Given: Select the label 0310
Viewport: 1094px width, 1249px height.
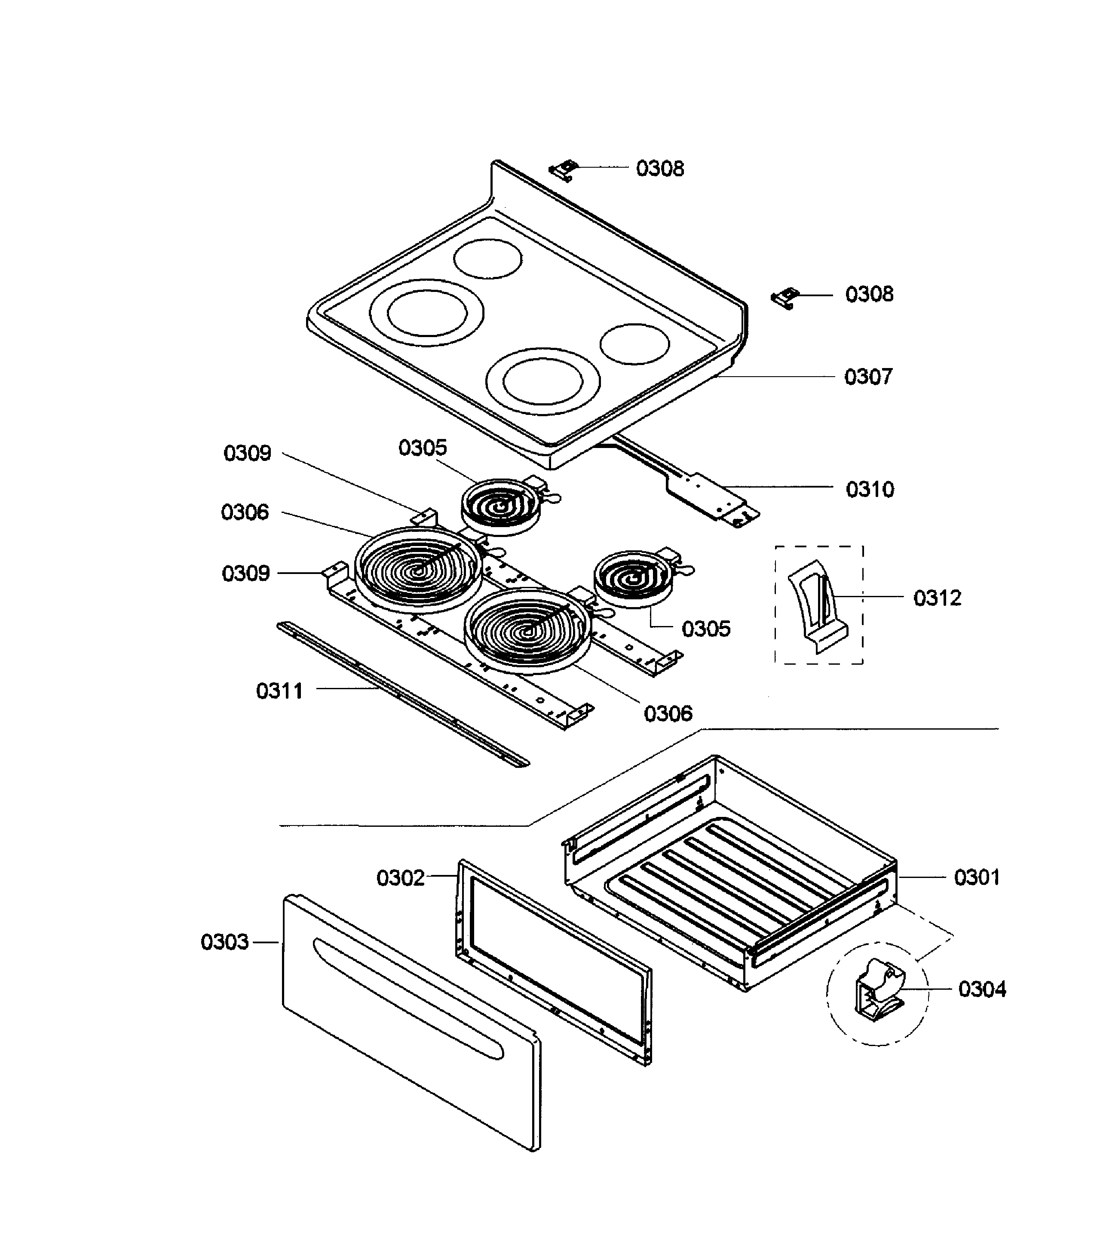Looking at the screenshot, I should pos(869,490).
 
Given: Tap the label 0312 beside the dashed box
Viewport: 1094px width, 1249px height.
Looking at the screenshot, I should pos(937,598).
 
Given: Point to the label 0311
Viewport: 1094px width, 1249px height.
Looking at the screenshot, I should pos(279,691).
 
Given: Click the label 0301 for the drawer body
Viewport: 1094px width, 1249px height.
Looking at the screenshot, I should pos(976,878).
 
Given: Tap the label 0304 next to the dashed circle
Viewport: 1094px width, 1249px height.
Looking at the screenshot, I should pos(982,989).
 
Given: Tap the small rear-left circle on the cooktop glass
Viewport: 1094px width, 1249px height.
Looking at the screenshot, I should pos(487,259).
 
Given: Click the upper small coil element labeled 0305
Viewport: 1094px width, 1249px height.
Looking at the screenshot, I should pos(500,506).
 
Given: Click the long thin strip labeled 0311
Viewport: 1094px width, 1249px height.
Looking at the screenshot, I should pos(403,695).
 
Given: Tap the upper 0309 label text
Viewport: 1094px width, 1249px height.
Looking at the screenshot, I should pos(247,454).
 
